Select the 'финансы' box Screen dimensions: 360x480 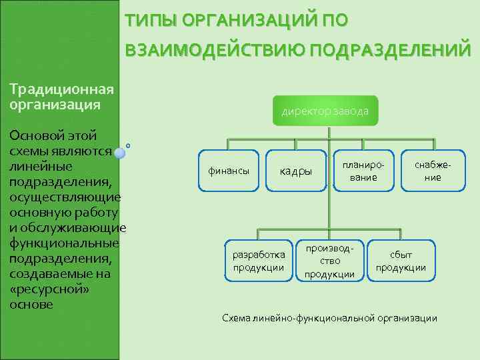(229, 171)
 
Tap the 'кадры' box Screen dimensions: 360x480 (295, 171)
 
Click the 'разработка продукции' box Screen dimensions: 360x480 (259, 261)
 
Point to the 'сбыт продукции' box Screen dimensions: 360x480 (401, 261)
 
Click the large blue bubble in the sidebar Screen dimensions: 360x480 (119, 153)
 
